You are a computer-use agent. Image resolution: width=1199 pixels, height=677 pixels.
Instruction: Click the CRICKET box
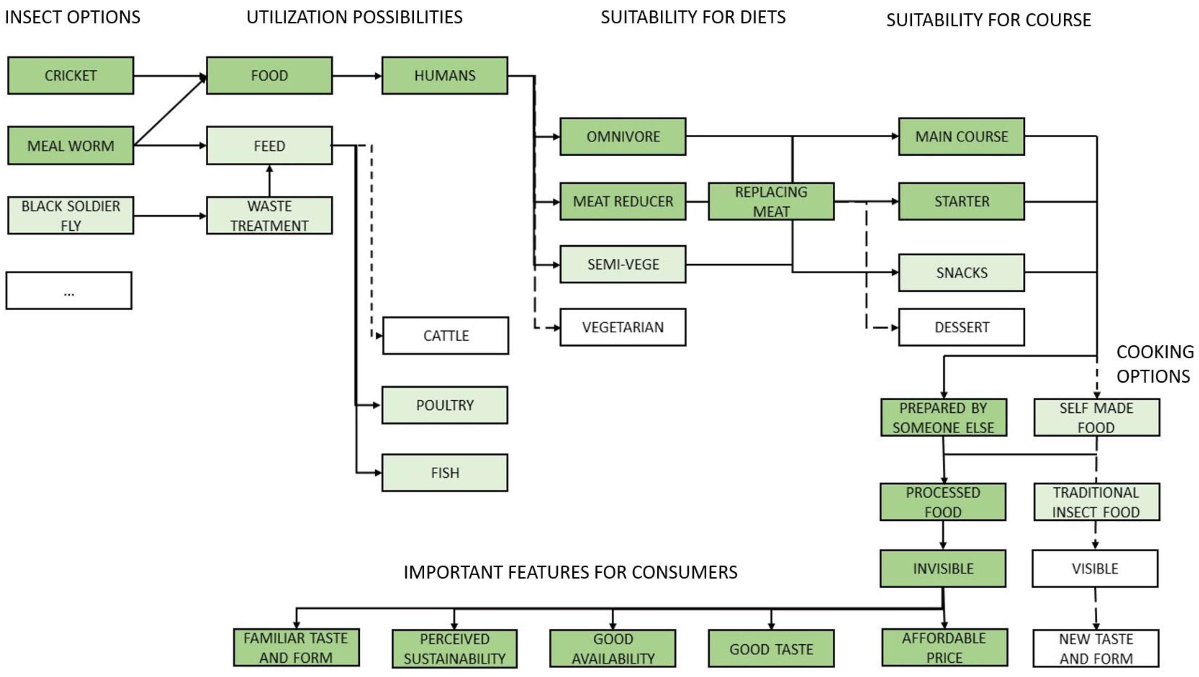pos(71,75)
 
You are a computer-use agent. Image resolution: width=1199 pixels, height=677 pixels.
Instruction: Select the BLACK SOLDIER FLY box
pos(71,216)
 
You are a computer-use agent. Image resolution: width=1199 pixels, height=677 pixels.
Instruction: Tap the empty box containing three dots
pos(69,291)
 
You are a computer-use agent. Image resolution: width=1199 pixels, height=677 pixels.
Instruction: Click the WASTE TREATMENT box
pos(269,216)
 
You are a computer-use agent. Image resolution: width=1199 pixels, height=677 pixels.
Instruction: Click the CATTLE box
pos(445,336)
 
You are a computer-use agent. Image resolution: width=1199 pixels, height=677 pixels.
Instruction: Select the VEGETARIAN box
pos(623,327)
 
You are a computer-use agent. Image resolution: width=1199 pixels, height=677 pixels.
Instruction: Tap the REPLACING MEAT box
pos(771,201)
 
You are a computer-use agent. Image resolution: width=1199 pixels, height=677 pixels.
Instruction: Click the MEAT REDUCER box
pos(623,201)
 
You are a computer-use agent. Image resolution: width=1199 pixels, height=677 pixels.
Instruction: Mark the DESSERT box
pos(961,327)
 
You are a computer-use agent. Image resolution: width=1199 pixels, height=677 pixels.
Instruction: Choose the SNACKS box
pos(961,273)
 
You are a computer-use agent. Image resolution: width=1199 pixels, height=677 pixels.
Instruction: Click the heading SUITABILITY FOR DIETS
pos(693,17)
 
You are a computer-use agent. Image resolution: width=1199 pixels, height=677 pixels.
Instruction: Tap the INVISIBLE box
pos(943,569)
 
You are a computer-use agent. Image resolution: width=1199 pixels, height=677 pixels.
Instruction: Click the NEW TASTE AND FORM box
pos(1096,649)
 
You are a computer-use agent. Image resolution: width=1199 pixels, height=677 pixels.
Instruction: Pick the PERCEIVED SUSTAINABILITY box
pos(454,649)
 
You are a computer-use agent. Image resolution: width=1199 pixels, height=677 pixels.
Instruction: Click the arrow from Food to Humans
pos(356,75)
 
